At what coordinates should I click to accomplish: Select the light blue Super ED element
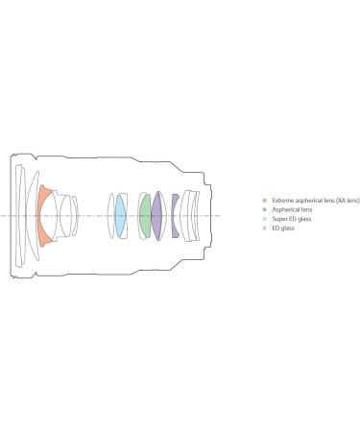pos(120,216)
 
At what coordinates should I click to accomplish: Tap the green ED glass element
pos(145,216)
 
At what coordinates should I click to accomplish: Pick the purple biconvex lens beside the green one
pos(157,216)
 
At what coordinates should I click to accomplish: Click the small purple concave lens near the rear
pos(174,216)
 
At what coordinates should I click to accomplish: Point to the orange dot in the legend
pos(264,201)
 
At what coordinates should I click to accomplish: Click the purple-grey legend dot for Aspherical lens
pos(264,210)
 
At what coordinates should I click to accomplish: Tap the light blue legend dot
pos(264,219)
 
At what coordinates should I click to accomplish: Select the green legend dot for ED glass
pos(264,228)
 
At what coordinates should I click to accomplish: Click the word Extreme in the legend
pos(281,201)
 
